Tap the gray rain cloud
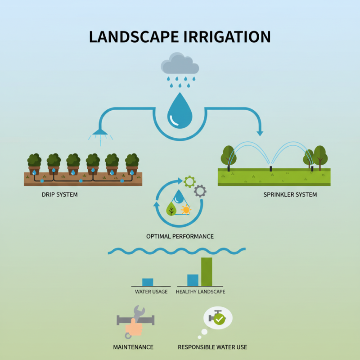(x=180, y=64)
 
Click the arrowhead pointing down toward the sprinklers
(x=260, y=132)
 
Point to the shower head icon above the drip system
(x=100, y=132)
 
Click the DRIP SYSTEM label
(x=59, y=195)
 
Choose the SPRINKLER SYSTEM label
(x=290, y=195)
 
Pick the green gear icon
(x=189, y=182)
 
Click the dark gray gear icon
(x=200, y=191)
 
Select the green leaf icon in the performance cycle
(x=171, y=209)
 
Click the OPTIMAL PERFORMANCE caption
(x=180, y=236)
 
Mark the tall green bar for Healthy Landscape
(x=207, y=272)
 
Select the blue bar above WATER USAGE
(x=148, y=282)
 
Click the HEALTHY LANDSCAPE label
(x=200, y=292)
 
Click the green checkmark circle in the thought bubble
(x=219, y=319)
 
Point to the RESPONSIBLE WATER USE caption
(x=212, y=347)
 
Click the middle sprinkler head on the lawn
(x=271, y=168)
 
